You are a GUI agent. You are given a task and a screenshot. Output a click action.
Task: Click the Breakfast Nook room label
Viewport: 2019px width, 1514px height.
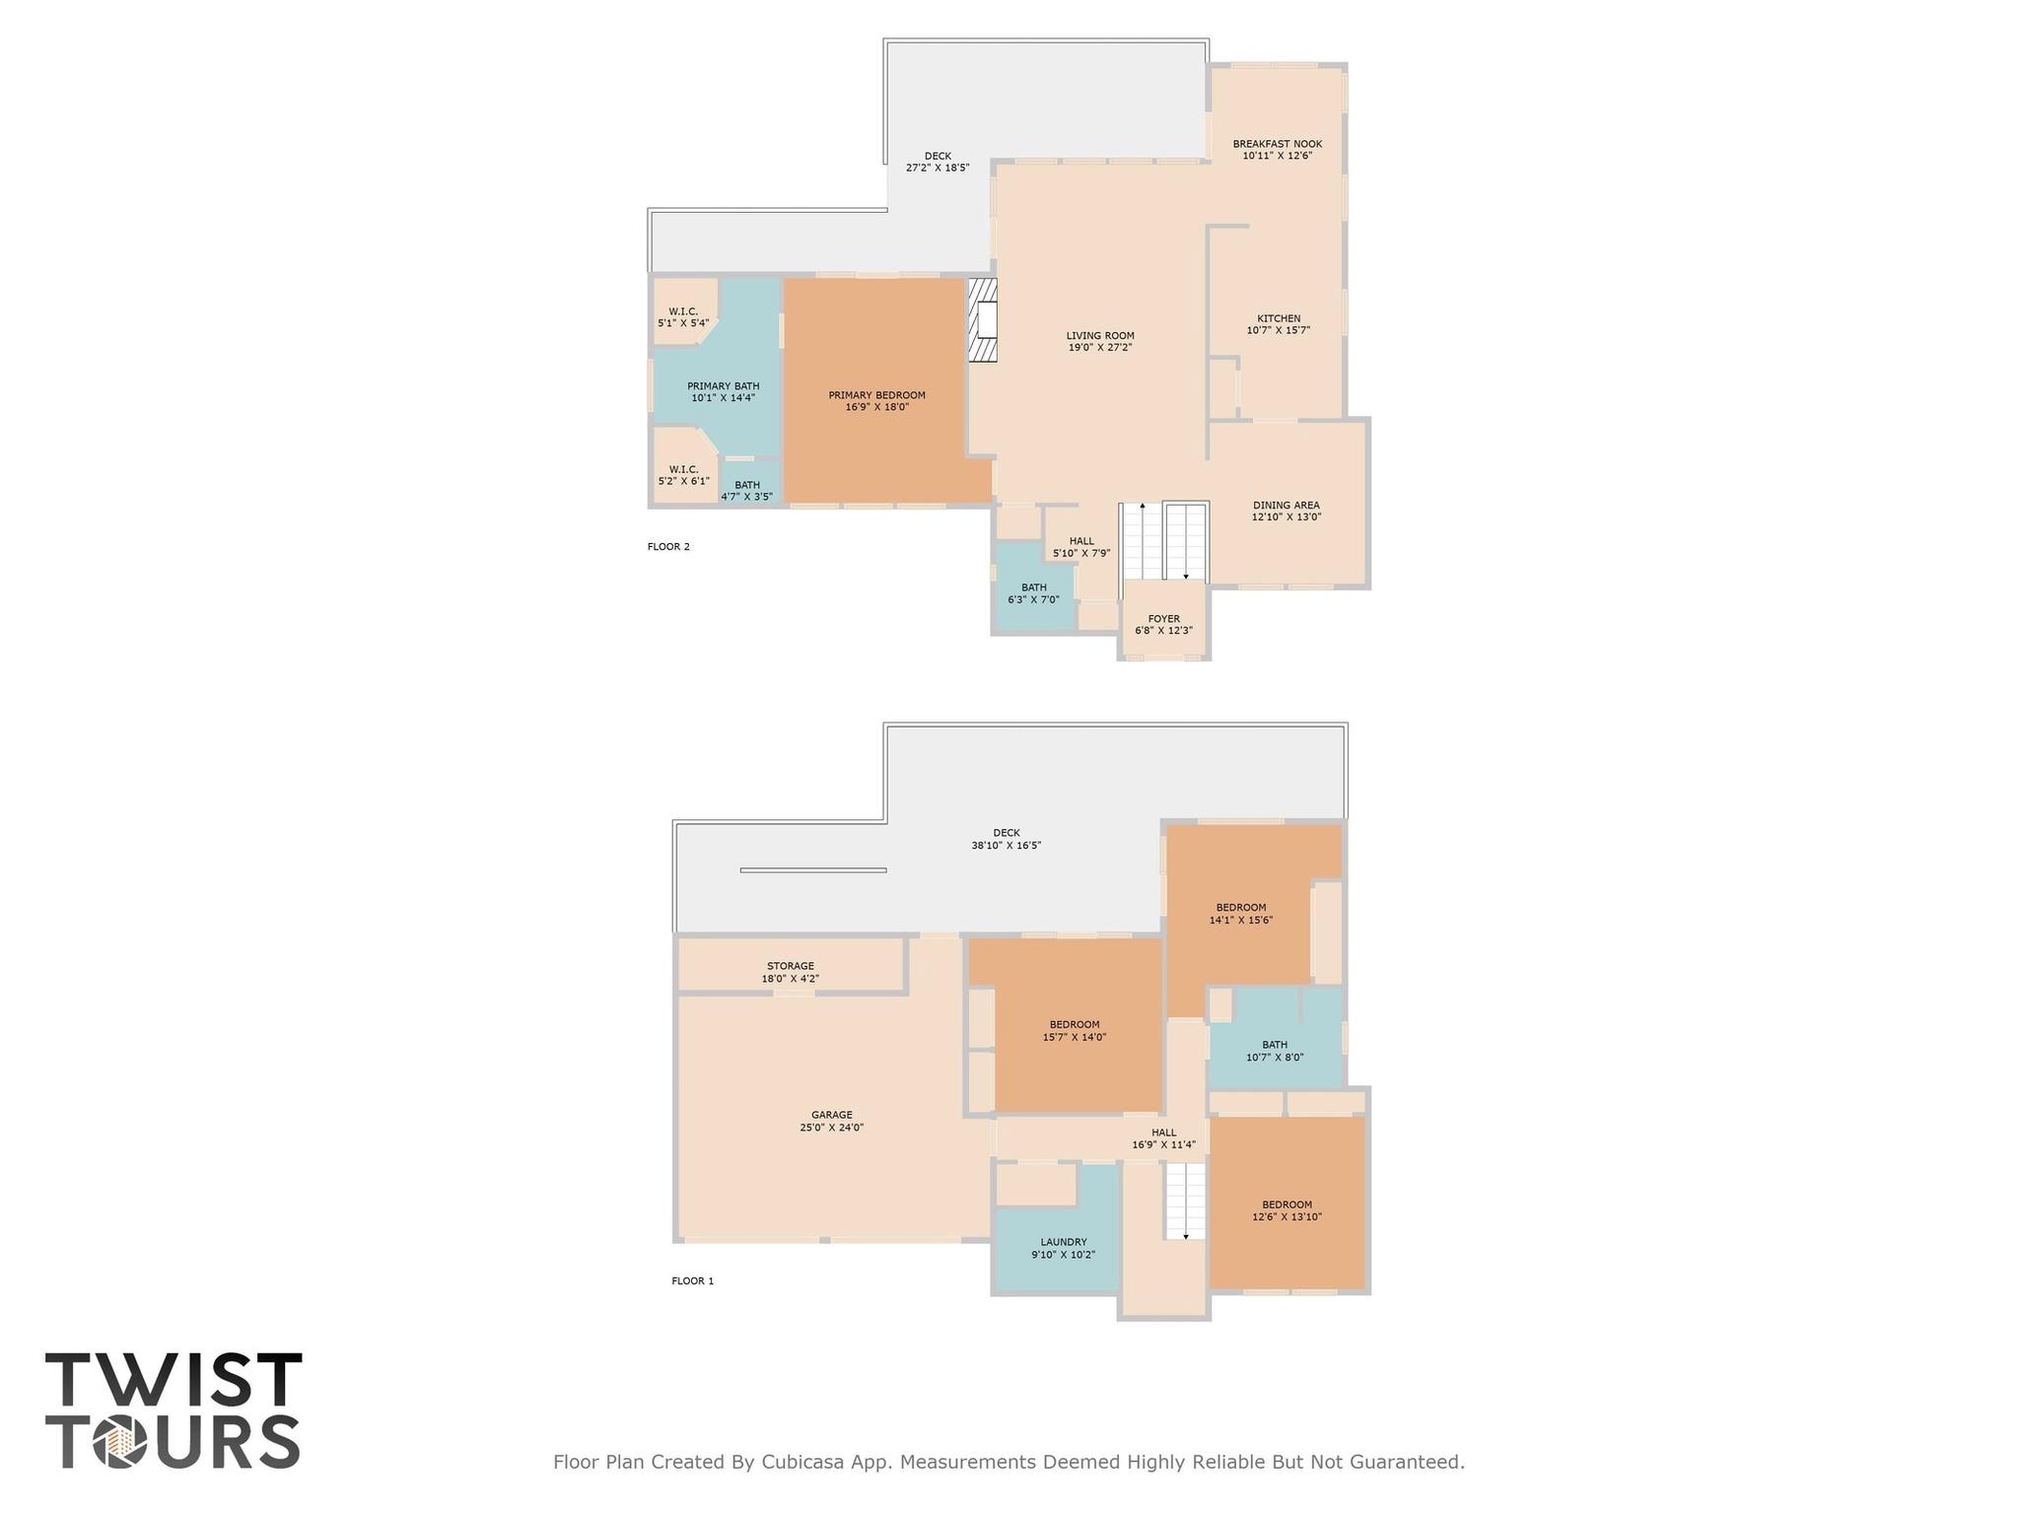click(1277, 150)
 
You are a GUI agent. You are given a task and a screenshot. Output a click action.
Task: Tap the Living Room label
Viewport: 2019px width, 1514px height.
click(1099, 341)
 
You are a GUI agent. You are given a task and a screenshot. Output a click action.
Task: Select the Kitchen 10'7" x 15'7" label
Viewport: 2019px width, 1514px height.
click(1278, 324)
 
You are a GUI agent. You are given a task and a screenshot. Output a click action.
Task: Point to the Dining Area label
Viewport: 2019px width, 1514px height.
click(1286, 511)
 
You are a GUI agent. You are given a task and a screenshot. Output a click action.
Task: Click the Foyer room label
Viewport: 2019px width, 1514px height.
click(1163, 625)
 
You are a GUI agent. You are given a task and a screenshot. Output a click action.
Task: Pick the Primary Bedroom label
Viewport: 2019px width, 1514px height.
click(876, 401)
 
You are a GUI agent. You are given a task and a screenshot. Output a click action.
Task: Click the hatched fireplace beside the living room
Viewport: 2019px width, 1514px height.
click(982, 320)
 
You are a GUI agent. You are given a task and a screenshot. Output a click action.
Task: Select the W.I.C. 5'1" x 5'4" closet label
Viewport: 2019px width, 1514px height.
click(683, 317)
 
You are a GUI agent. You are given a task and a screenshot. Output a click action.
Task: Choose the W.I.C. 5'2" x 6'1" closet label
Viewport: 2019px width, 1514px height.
click(683, 475)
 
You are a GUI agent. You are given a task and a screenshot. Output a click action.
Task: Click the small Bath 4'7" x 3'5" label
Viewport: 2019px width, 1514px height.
click(746, 491)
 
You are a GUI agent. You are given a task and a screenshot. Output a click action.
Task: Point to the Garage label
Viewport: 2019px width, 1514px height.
click(831, 1122)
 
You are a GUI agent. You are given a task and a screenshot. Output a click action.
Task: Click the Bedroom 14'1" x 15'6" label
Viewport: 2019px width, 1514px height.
click(1240, 914)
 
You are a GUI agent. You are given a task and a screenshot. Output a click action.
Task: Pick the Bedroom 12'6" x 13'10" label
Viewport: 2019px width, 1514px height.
click(1287, 1210)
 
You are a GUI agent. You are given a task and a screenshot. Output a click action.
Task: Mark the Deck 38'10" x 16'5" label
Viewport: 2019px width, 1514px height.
click(1006, 839)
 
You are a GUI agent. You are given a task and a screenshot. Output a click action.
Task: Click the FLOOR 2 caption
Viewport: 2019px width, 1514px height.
click(668, 547)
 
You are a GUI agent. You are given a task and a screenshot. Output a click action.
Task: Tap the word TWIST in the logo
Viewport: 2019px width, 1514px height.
click(174, 1381)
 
